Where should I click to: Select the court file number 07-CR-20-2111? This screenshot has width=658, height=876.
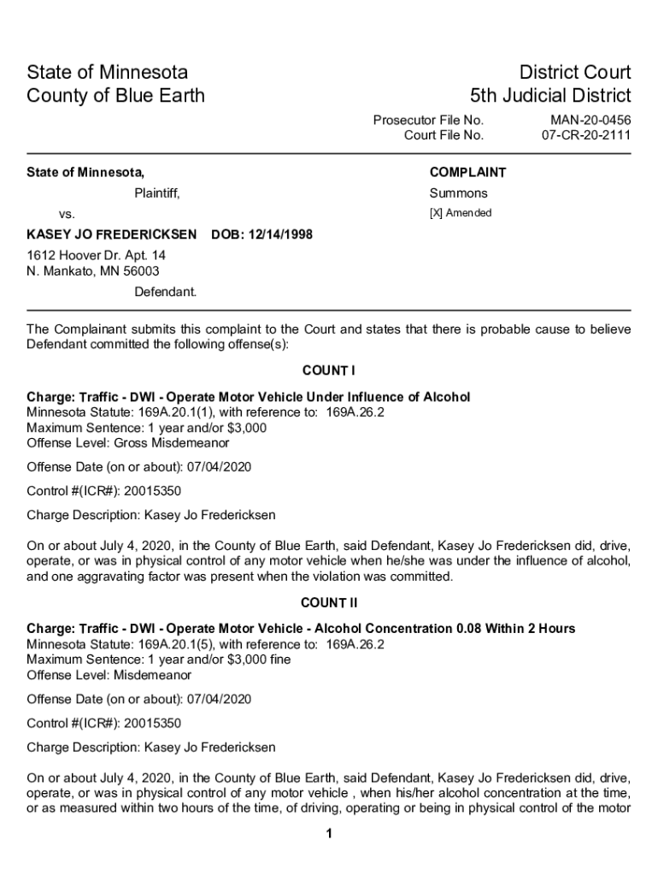[x=586, y=135]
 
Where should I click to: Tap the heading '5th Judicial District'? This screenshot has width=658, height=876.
[x=550, y=95]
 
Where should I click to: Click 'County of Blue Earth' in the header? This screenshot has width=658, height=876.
[x=115, y=95]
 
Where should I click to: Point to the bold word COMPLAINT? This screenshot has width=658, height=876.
[x=467, y=172]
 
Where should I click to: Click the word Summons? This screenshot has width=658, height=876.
[x=458, y=193]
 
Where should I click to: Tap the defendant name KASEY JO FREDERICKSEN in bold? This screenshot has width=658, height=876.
[x=112, y=234]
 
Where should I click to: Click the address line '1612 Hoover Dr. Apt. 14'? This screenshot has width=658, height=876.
[x=96, y=256]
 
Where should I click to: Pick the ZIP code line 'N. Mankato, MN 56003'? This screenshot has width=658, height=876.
[x=92, y=271]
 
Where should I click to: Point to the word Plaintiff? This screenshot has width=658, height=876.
[x=157, y=193]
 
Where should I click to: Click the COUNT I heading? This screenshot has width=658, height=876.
[x=329, y=370]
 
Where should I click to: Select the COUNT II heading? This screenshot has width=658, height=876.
[x=329, y=603]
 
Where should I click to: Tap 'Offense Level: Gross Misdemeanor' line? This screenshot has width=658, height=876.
[x=127, y=443]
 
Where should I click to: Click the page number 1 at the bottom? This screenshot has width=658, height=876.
[x=329, y=834]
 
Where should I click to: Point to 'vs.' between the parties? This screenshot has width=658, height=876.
[x=66, y=213]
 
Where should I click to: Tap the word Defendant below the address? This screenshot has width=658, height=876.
[x=165, y=292]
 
